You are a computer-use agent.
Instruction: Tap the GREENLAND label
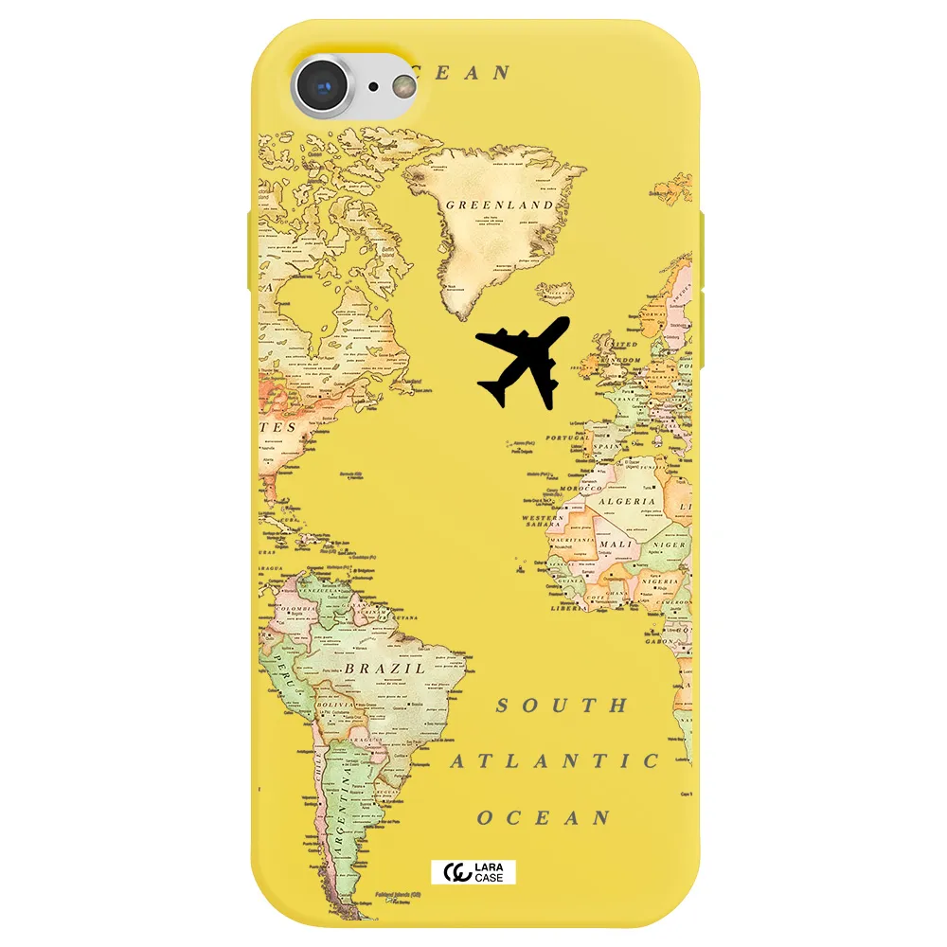click(x=499, y=205)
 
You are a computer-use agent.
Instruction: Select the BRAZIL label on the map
click(x=384, y=668)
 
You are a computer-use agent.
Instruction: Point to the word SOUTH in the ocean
click(x=562, y=706)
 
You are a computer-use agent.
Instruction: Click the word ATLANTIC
click(x=554, y=761)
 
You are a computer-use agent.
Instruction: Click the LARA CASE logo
click(x=473, y=870)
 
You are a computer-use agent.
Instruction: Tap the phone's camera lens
click(x=324, y=87)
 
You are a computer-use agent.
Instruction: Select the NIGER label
click(x=670, y=545)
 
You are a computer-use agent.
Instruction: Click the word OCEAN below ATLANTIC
click(x=543, y=818)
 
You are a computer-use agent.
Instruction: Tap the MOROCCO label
click(x=581, y=489)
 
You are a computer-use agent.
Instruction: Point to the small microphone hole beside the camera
click(x=374, y=87)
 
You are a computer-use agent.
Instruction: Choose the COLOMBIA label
click(x=295, y=609)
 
